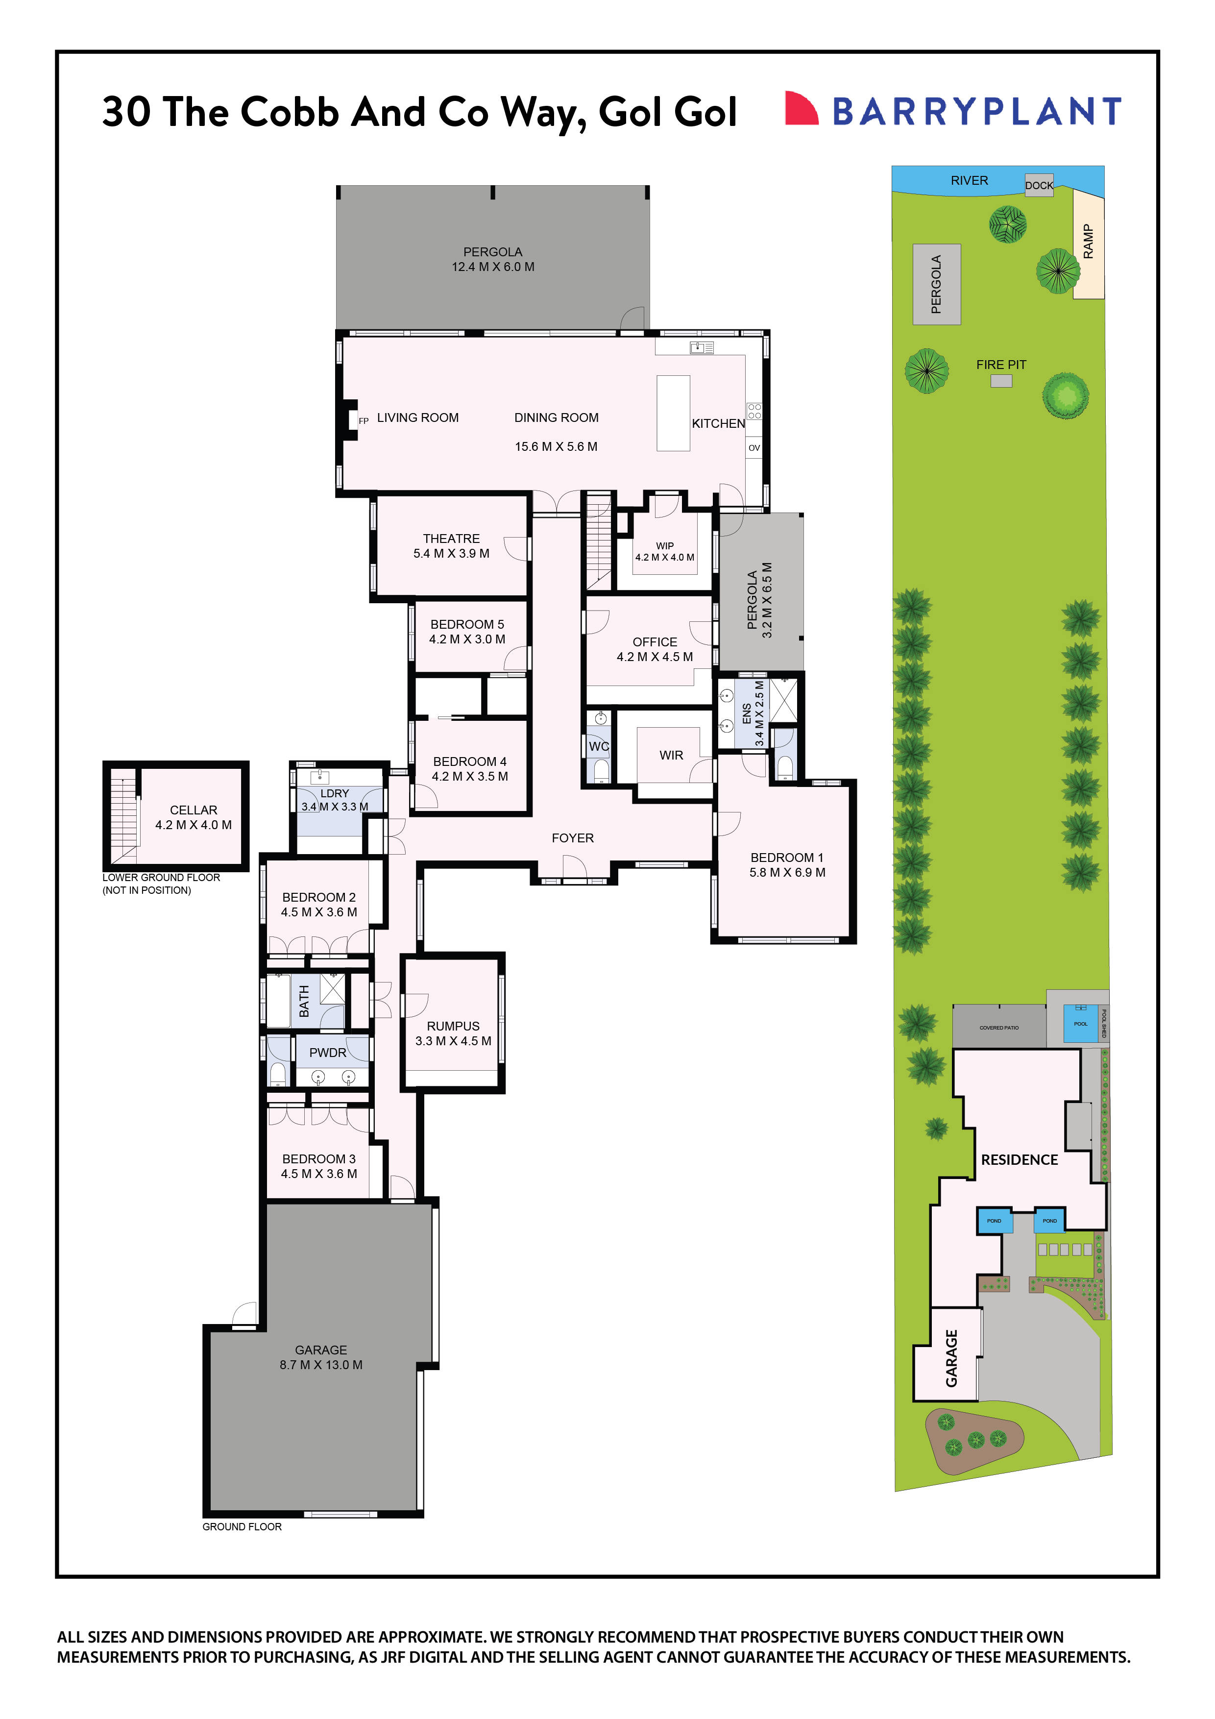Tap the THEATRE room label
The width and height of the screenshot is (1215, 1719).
click(451, 539)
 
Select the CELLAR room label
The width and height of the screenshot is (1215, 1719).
click(193, 810)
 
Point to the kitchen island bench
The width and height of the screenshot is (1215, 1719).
click(673, 413)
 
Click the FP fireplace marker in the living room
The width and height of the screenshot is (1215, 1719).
click(364, 421)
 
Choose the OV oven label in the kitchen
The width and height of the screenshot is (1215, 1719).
click(754, 448)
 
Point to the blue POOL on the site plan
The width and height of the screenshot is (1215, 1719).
click(1080, 1024)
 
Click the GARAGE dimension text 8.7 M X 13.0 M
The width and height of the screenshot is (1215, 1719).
click(321, 1365)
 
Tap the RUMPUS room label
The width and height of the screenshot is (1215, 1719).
click(453, 1026)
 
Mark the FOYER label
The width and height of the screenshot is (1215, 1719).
click(573, 838)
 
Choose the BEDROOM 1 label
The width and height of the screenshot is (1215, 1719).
click(787, 857)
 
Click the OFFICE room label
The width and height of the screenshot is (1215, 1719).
click(655, 641)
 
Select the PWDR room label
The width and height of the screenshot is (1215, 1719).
click(328, 1053)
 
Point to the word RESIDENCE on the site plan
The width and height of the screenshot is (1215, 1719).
click(1019, 1160)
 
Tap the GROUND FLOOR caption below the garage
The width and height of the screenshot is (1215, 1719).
click(242, 1526)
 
